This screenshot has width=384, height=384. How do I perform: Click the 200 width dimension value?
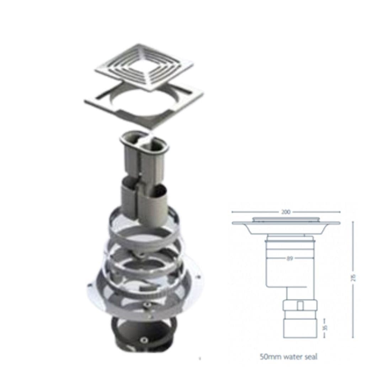(x=286, y=212)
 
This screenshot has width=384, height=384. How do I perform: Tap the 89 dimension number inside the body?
(x=290, y=258)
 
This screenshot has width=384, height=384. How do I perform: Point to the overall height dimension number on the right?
(x=353, y=278)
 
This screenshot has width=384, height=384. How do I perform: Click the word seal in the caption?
(x=310, y=357)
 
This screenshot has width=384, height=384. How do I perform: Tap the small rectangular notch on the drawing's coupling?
(x=300, y=305)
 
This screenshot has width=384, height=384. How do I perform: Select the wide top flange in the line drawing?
(x=286, y=223)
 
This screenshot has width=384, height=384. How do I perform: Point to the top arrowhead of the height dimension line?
(x=353, y=222)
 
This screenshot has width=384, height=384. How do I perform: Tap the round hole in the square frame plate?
(x=144, y=102)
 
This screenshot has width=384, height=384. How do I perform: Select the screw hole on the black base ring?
(x=143, y=340)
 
